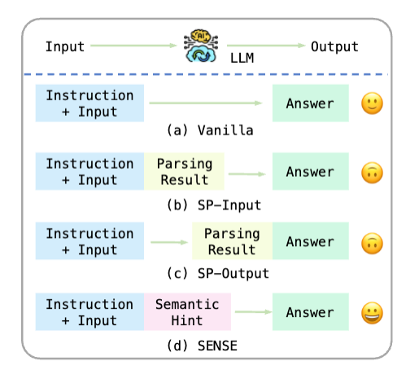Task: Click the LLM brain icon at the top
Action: (x=198, y=46)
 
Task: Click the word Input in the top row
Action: (x=65, y=46)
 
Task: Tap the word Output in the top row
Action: (x=334, y=46)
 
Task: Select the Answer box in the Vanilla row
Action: (x=310, y=104)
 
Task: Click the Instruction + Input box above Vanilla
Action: (x=89, y=104)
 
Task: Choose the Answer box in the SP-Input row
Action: (x=310, y=172)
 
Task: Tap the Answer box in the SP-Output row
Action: (x=310, y=242)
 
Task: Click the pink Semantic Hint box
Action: (x=188, y=312)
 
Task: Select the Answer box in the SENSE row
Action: (x=310, y=312)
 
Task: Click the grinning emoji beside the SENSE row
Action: (x=372, y=313)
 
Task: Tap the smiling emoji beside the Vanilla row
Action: (x=372, y=104)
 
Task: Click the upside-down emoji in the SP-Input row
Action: (x=372, y=173)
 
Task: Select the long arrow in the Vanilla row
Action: (x=206, y=104)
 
